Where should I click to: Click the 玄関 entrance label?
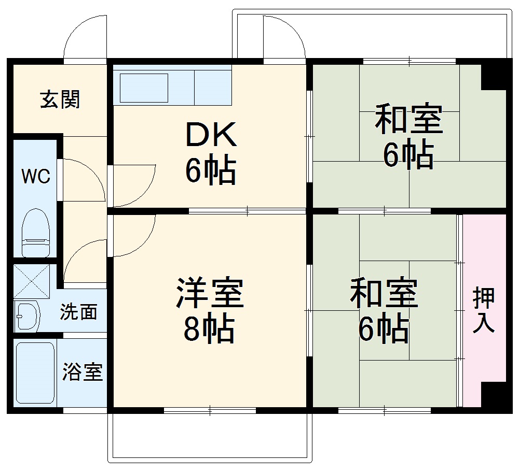(60, 99)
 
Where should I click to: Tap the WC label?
(35, 176)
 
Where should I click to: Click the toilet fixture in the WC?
(36, 232)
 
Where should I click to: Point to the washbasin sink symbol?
(28, 315)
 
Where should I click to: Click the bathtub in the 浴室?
(35, 372)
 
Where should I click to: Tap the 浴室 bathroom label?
(83, 372)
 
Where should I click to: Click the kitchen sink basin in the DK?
(144, 88)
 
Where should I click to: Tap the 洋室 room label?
(210, 293)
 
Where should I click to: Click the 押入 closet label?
(484, 311)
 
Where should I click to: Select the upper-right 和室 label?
(409, 119)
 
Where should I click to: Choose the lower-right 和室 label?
(384, 293)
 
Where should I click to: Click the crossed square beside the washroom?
(32, 281)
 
